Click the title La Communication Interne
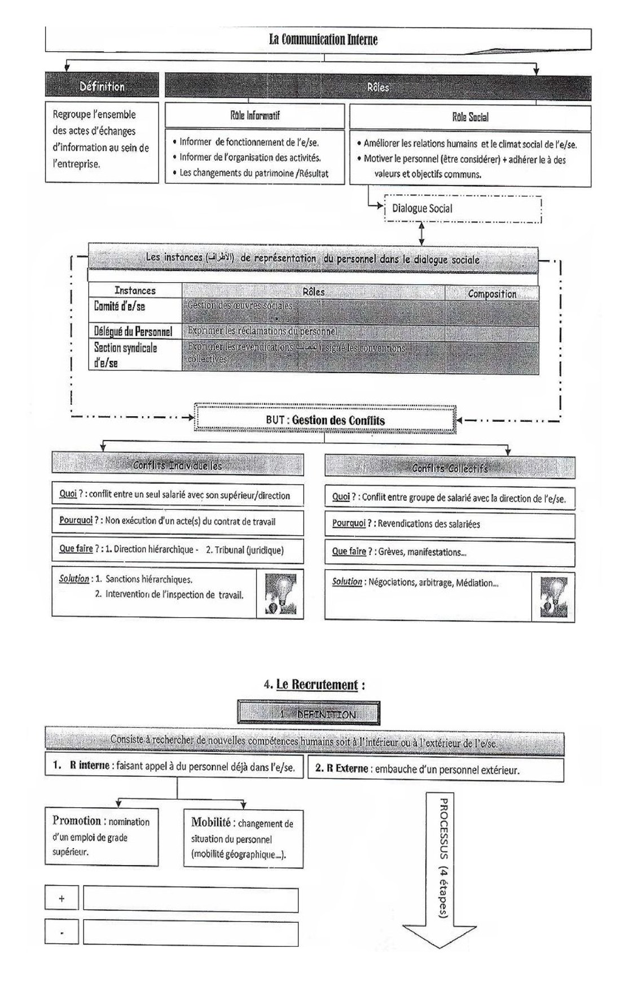[x=323, y=40]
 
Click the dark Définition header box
[x=102, y=86]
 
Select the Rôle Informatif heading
[x=254, y=116]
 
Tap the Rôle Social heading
[x=470, y=117]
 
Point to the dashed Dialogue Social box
[x=462, y=208]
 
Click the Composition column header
[x=491, y=294]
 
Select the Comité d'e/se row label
[x=120, y=307]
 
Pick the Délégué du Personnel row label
[x=133, y=331]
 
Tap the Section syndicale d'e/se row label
[x=125, y=355]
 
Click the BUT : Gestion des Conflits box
[x=325, y=420]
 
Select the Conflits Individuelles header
[x=177, y=465]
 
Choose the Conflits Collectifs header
[x=450, y=468]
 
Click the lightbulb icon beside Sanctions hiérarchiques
[x=279, y=594]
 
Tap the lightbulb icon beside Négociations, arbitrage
[x=553, y=597]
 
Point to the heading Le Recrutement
[x=317, y=685]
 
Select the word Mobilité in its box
[x=211, y=822]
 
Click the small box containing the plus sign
[x=61, y=898]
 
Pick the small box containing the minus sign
[x=61, y=932]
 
